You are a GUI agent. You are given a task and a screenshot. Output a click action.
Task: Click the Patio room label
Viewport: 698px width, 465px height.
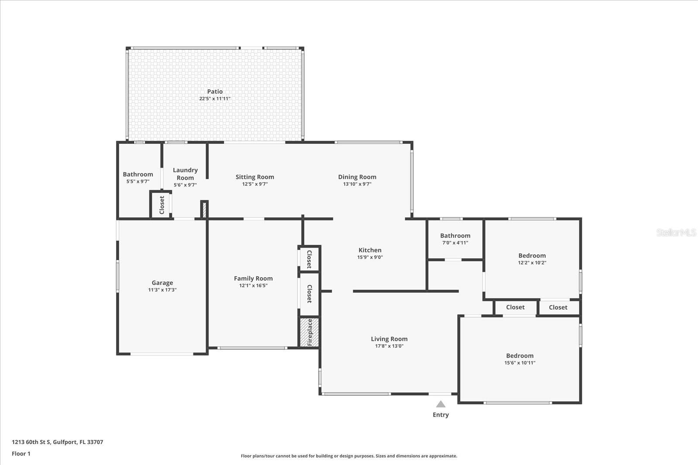pyautogui.click(x=215, y=92)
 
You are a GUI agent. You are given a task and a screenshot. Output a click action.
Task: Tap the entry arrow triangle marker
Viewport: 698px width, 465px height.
pyautogui.click(x=441, y=404)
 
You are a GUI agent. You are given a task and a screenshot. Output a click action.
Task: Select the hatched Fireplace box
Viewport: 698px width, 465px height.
pyautogui.click(x=309, y=332)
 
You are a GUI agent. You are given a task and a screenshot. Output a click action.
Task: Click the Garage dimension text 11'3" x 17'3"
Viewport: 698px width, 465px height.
pyautogui.click(x=162, y=290)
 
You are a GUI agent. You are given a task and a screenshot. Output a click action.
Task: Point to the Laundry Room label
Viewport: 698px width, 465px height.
pyautogui.click(x=185, y=174)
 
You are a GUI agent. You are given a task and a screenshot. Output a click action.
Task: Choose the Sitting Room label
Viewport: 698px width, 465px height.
pyautogui.click(x=255, y=177)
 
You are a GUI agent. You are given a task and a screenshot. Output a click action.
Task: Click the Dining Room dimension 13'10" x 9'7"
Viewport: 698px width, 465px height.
pyautogui.click(x=357, y=184)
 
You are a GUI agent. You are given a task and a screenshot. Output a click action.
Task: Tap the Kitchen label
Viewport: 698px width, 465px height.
pyautogui.click(x=370, y=250)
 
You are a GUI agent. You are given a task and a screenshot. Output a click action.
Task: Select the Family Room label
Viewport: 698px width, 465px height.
pyautogui.click(x=253, y=278)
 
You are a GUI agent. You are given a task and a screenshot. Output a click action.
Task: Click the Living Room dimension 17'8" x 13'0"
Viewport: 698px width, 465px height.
pyautogui.click(x=389, y=346)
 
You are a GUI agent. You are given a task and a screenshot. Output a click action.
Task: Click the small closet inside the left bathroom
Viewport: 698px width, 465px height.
pyautogui.click(x=161, y=204)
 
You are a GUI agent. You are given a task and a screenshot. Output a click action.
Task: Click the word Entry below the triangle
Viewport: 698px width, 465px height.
pyautogui.click(x=441, y=415)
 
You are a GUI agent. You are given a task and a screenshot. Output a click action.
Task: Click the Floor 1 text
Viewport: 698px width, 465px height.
pyautogui.click(x=21, y=454)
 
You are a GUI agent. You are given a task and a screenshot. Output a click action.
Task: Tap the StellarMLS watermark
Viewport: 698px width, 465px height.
pyautogui.click(x=676, y=233)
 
